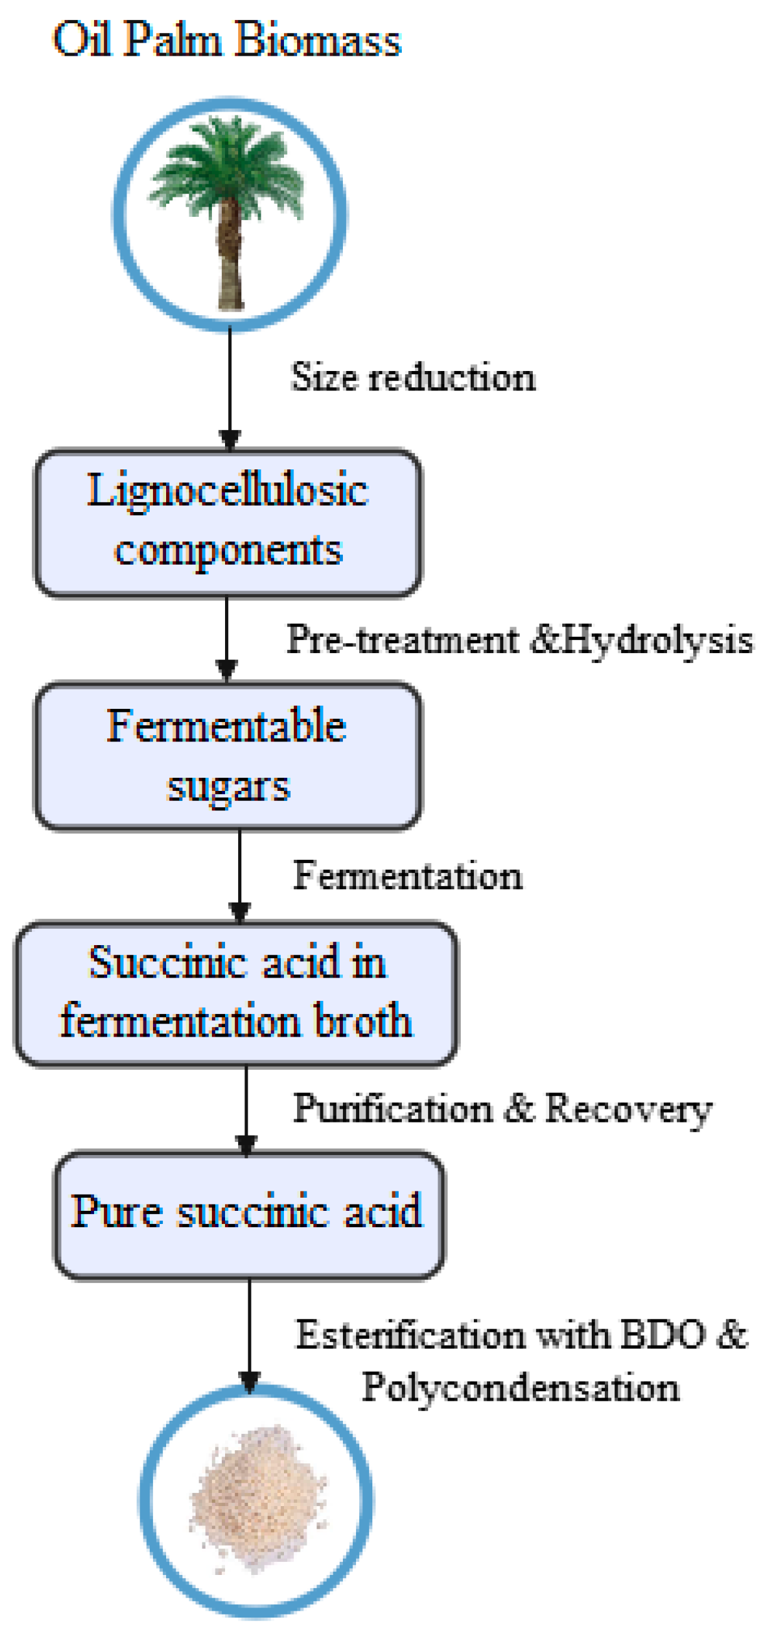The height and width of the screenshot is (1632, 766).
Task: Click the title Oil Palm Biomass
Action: (227, 39)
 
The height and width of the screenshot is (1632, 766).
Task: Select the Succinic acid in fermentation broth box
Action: (236, 993)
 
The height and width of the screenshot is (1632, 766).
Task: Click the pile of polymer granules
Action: (256, 1499)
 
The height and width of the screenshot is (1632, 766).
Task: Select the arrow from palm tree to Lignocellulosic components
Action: (229, 387)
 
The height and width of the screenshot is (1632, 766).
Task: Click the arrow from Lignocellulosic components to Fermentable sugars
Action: (227, 637)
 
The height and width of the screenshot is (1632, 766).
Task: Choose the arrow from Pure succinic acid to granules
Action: (249, 1331)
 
